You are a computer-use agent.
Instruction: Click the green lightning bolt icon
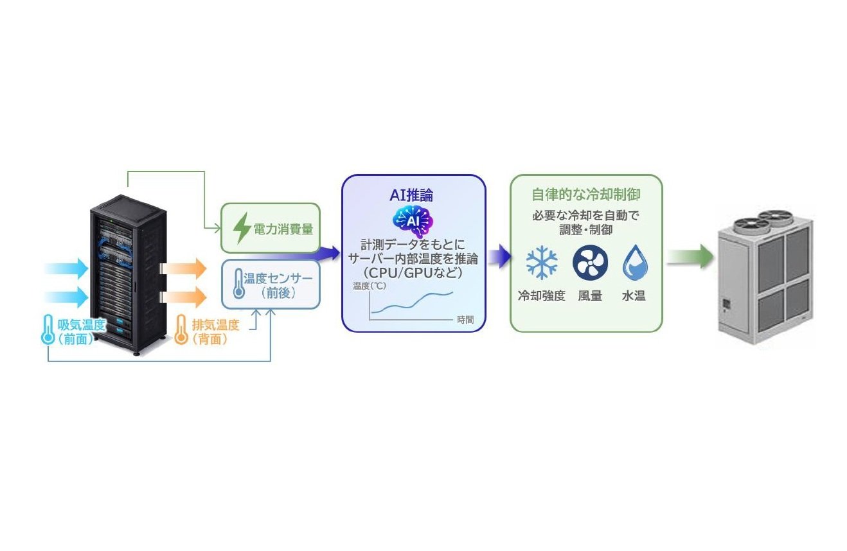[x=242, y=228]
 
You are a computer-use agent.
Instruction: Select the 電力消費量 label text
[x=283, y=229]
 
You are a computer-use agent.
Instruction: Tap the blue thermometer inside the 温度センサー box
[x=238, y=283]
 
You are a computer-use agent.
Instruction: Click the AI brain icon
[x=413, y=222]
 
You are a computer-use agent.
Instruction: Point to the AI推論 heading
[x=411, y=195]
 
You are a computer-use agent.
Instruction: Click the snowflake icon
[x=542, y=262]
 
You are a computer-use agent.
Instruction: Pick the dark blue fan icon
[x=590, y=262]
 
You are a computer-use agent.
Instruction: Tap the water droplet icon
[x=635, y=262]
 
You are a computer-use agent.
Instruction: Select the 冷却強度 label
[x=542, y=295]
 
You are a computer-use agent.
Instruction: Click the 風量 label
[x=590, y=295]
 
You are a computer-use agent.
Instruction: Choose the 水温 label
[x=634, y=295]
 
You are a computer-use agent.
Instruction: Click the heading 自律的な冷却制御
[x=586, y=194]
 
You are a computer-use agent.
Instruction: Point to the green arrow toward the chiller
[x=690, y=257]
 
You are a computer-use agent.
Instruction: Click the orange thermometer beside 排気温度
[x=181, y=329]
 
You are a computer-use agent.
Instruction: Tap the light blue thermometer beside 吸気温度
[x=48, y=329]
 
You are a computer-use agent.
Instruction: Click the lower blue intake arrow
[x=67, y=297]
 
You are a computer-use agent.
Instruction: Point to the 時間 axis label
[x=465, y=320]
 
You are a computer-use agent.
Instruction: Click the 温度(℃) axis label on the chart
[x=370, y=286]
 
